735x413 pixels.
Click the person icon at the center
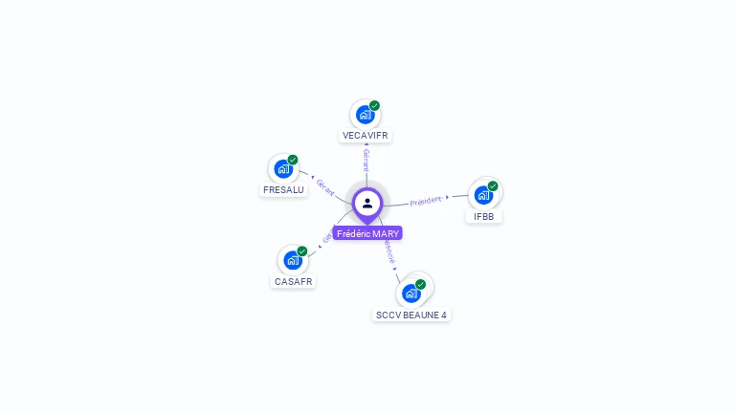point(367,203)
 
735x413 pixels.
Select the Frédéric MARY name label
point(367,233)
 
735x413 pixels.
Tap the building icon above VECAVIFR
point(365,115)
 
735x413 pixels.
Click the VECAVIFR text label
point(365,136)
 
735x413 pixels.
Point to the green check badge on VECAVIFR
point(374,105)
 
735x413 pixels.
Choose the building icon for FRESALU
point(283,169)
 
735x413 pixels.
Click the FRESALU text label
point(283,189)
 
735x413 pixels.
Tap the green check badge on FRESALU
point(293,160)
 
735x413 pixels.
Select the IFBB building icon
point(483,195)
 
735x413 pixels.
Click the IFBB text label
point(483,216)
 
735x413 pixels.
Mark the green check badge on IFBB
point(493,185)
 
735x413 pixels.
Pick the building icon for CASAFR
point(293,260)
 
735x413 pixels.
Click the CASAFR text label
point(293,281)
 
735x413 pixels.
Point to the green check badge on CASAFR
point(302,250)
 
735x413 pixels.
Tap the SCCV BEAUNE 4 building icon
point(412,293)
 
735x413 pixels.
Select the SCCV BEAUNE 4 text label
point(412,315)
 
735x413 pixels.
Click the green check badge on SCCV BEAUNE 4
point(420,284)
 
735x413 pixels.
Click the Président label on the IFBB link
point(426,201)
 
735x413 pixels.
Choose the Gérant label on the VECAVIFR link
point(366,160)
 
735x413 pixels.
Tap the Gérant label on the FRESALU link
point(325,188)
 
